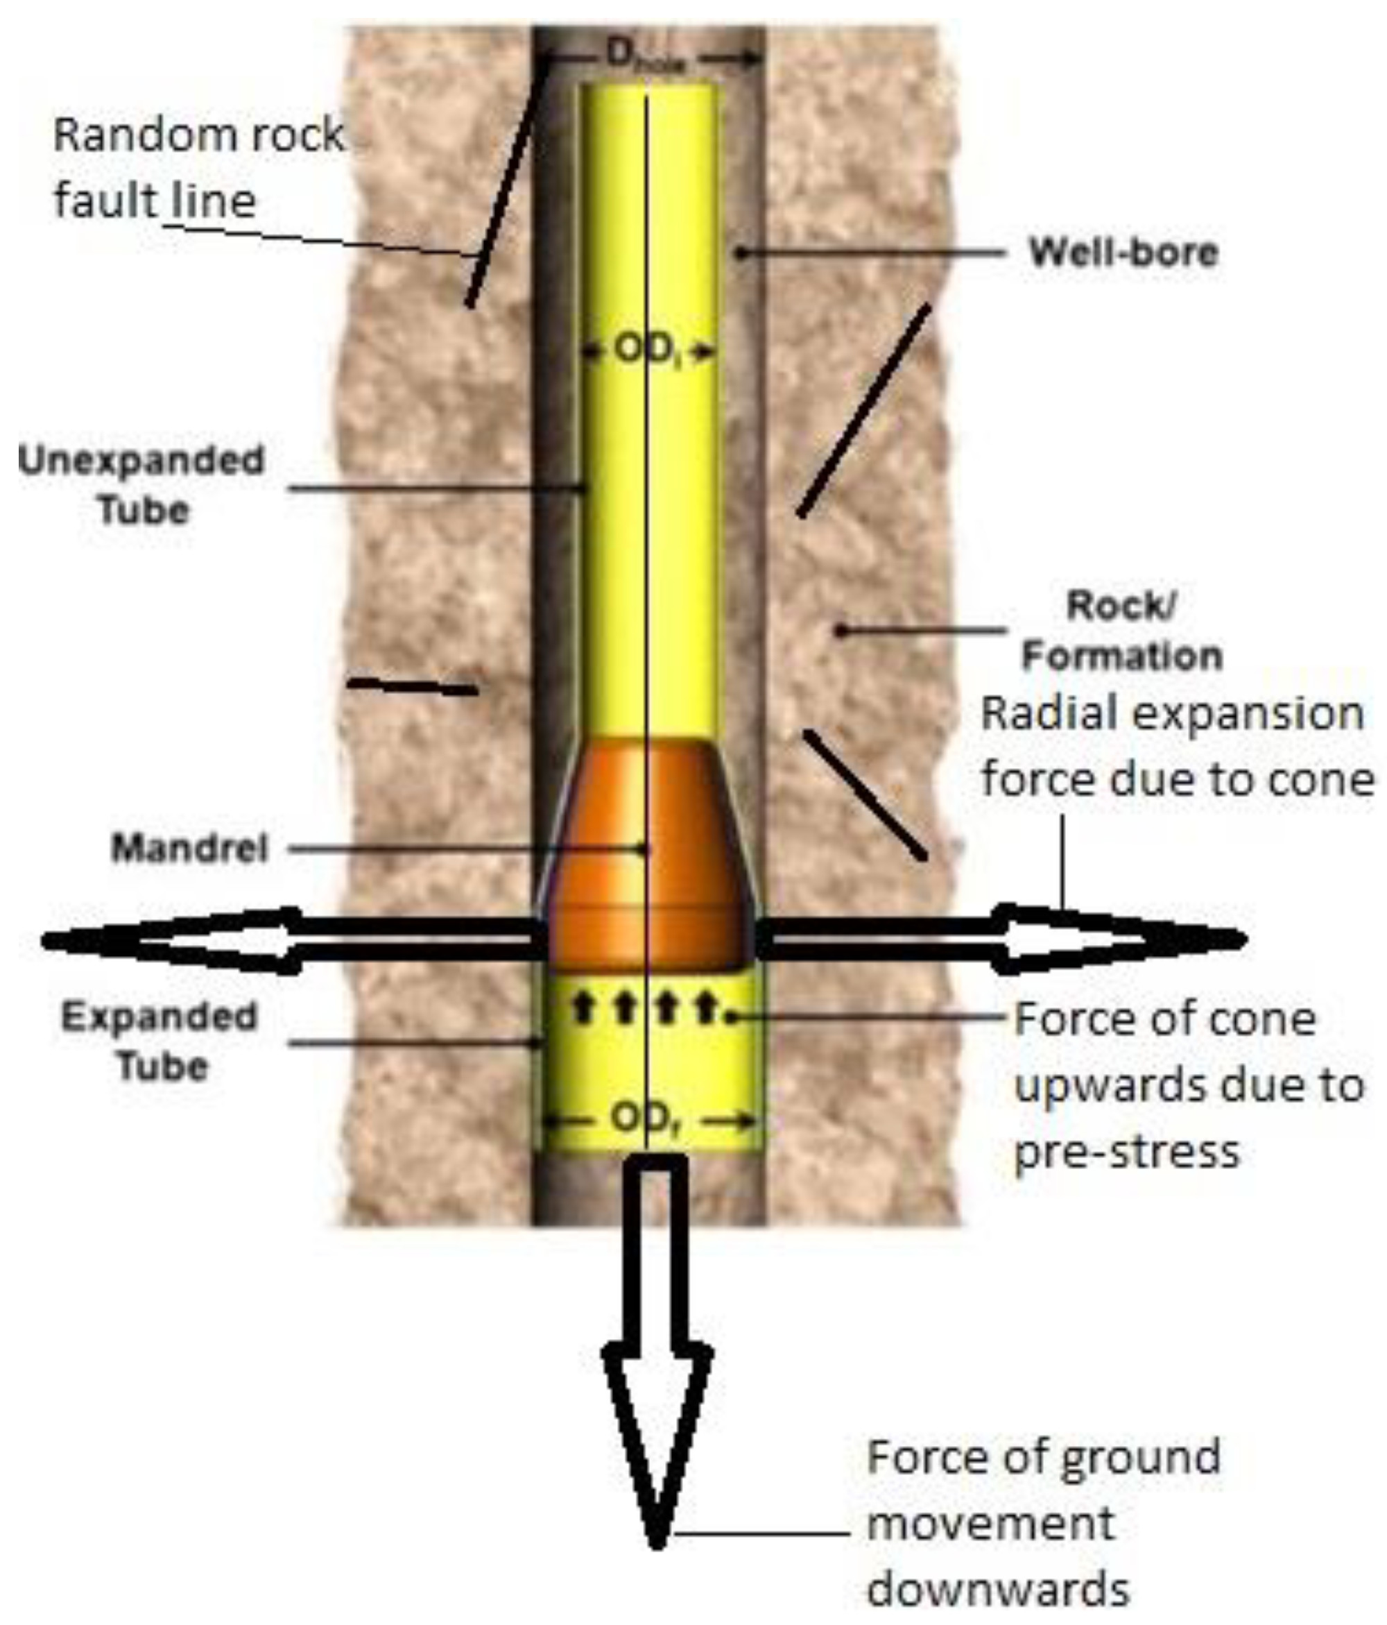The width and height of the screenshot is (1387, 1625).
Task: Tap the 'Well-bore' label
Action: click(x=1122, y=253)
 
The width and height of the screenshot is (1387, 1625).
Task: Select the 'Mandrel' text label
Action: click(x=190, y=849)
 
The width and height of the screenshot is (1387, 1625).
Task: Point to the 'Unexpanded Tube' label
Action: click(x=142, y=485)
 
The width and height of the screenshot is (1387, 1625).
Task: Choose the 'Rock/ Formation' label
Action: click(x=1121, y=631)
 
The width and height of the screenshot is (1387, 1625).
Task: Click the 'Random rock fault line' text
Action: click(x=198, y=168)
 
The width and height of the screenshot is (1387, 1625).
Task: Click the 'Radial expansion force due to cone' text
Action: click(x=1176, y=747)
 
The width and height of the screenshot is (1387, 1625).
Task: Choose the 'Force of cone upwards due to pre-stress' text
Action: click(x=1188, y=1085)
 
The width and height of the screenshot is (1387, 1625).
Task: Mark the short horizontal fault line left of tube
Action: click(x=413, y=687)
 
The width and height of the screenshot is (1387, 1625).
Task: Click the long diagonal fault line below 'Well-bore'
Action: click(x=863, y=410)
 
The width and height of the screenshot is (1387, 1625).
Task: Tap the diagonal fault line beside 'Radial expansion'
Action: click(x=865, y=794)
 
